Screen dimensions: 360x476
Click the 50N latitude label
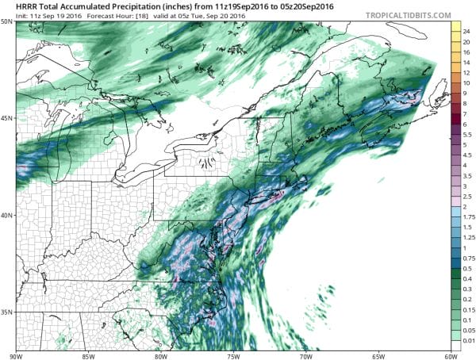point(6,22)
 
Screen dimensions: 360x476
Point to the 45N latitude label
point(6,118)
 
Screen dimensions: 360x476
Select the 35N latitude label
point(6,312)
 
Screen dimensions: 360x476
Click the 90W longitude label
point(14,355)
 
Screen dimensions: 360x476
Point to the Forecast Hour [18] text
point(102,15)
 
